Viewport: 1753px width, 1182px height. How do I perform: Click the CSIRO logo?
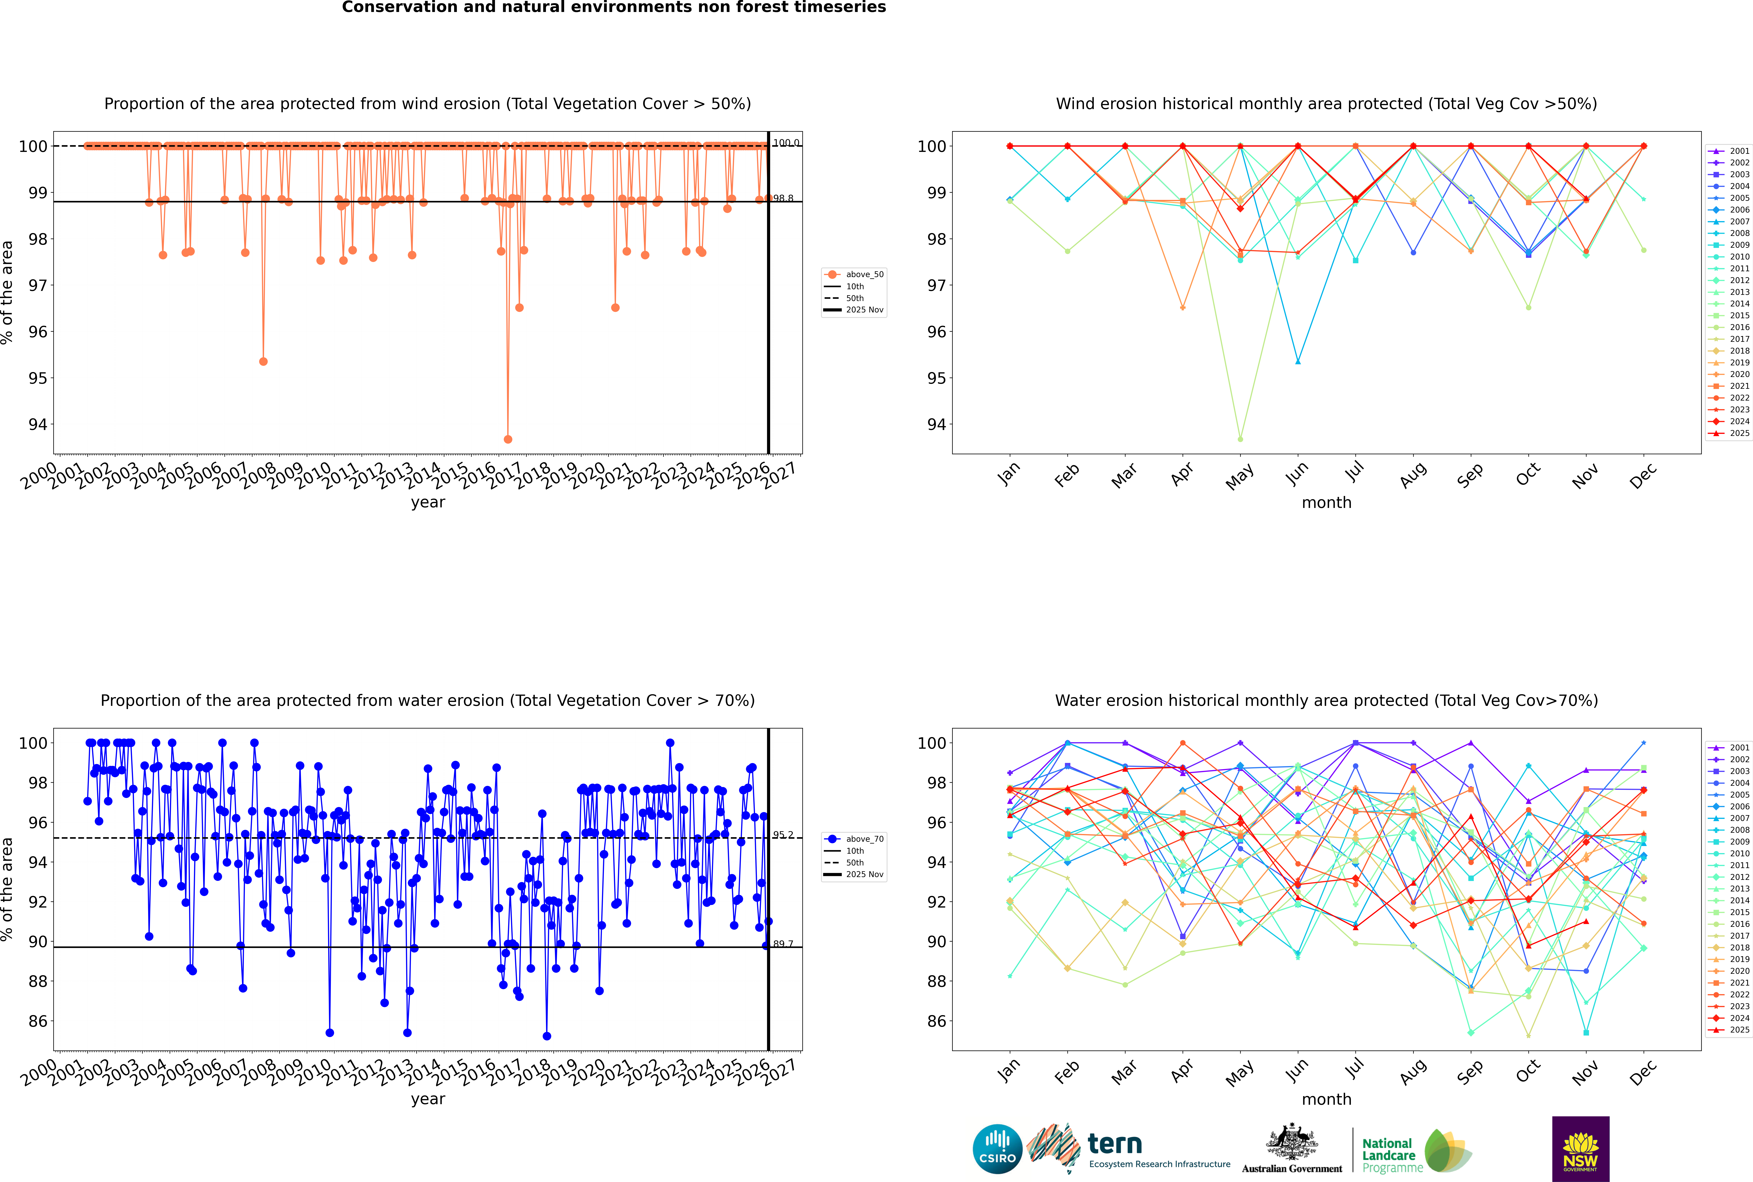click(x=997, y=1149)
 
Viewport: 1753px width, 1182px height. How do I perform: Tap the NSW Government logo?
click(x=1580, y=1148)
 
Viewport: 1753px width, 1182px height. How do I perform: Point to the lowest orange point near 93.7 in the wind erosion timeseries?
click(x=508, y=439)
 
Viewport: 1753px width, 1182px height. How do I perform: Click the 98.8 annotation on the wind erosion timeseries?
click(x=783, y=198)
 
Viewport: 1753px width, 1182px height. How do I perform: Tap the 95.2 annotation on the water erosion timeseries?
click(x=783, y=834)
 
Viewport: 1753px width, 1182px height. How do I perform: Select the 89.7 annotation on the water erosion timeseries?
click(x=783, y=944)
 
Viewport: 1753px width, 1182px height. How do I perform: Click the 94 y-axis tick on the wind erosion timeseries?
click(x=38, y=424)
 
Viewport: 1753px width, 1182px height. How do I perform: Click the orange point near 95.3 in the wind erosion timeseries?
click(x=263, y=362)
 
